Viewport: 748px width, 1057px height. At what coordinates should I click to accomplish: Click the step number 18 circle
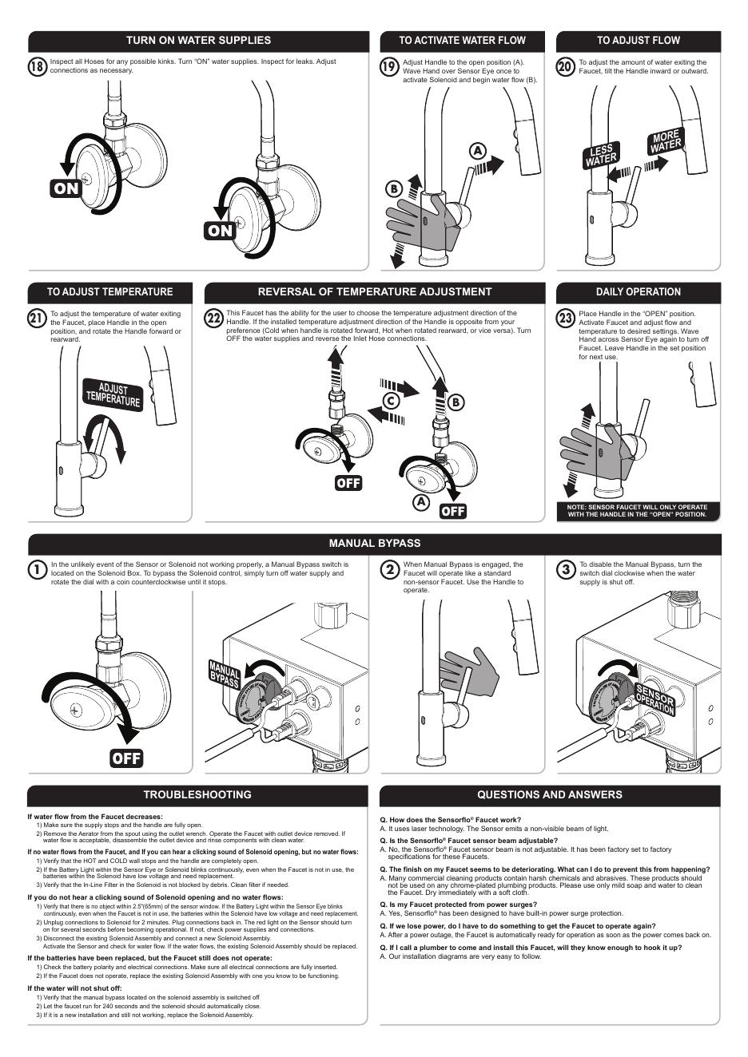click(x=37, y=66)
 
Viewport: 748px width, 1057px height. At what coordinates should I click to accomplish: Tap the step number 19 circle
click(x=389, y=67)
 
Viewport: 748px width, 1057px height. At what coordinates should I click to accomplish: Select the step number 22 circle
click(x=213, y=319)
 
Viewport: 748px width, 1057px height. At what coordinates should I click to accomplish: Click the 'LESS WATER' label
click(x=601, y=156)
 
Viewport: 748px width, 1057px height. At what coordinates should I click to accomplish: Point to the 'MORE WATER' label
click(x=665, y=142)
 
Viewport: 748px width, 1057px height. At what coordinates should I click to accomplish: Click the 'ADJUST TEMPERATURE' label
click(x=113, y=395)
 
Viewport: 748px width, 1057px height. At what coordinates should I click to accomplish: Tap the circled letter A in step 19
click(x=478, y=151)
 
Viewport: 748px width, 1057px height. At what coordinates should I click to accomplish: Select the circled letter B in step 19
click(x=393, y=189)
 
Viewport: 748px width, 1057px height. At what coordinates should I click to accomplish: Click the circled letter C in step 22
click(x=391, y=402)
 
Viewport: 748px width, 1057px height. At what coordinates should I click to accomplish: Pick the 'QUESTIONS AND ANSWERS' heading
click(x=549, y=795)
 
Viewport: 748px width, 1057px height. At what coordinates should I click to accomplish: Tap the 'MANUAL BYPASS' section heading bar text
click(x=374, y=544)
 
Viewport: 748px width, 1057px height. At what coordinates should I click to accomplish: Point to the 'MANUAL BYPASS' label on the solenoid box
click(x=225, y=675)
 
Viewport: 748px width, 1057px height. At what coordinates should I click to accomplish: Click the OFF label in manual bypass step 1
click(x=126, y=758)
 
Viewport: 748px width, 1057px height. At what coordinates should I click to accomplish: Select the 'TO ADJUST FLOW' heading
click(x=638, y=41)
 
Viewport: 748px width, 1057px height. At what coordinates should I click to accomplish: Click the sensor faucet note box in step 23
click(x=638, y=511)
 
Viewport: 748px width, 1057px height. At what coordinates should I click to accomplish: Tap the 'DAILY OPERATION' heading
click(x=638, y=292)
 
